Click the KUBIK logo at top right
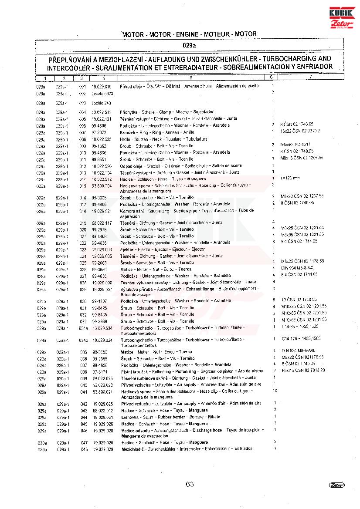[342, 13]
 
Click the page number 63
[189, 484]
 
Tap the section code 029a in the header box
[189, 45]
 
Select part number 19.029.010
[102, 86]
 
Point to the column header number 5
[191, 78]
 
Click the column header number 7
[310, 78]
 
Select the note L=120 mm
[290, 178]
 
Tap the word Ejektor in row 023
[128, 249]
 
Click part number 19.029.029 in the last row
[103, 449]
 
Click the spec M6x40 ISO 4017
[295, 145]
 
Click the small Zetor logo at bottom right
[336, 485]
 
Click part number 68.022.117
[102, 223]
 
